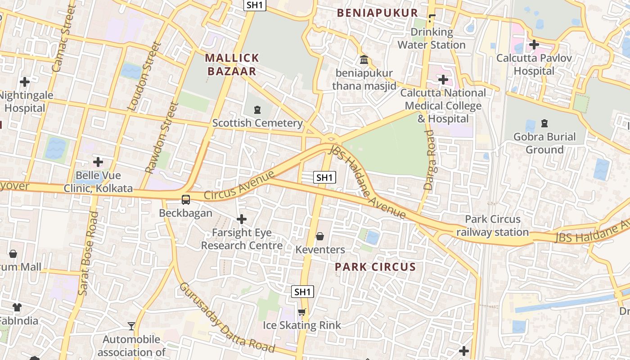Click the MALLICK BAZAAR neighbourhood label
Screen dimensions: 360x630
232,64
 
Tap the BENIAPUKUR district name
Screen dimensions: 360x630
378,13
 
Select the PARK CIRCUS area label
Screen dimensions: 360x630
375,267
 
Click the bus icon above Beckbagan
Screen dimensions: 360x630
185,199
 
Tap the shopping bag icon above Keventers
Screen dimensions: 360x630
320,236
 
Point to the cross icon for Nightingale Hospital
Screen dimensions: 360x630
25,82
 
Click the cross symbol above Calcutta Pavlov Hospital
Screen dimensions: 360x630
534,45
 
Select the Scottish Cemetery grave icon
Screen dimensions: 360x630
257,109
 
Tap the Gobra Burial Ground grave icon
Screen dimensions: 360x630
544,123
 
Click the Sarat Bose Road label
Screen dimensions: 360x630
89,254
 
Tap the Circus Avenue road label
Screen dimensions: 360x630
238,185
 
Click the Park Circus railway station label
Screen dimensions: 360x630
492,226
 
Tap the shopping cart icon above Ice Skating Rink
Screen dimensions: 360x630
302,312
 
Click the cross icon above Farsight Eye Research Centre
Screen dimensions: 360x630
242,219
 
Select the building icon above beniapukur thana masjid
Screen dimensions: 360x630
364,59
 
